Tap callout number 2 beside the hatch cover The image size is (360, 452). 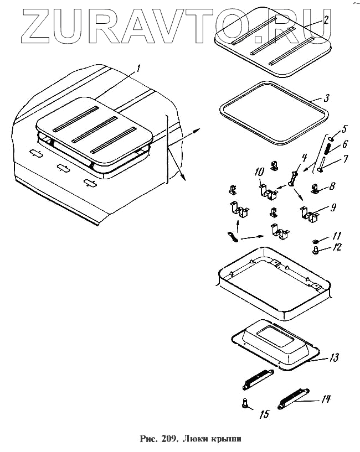click(x=327, y=20)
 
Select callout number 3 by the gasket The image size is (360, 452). click(x=327, y=98)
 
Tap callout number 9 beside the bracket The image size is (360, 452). click(x=332, y=209)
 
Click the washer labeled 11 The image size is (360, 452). click(x=315, y=241)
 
